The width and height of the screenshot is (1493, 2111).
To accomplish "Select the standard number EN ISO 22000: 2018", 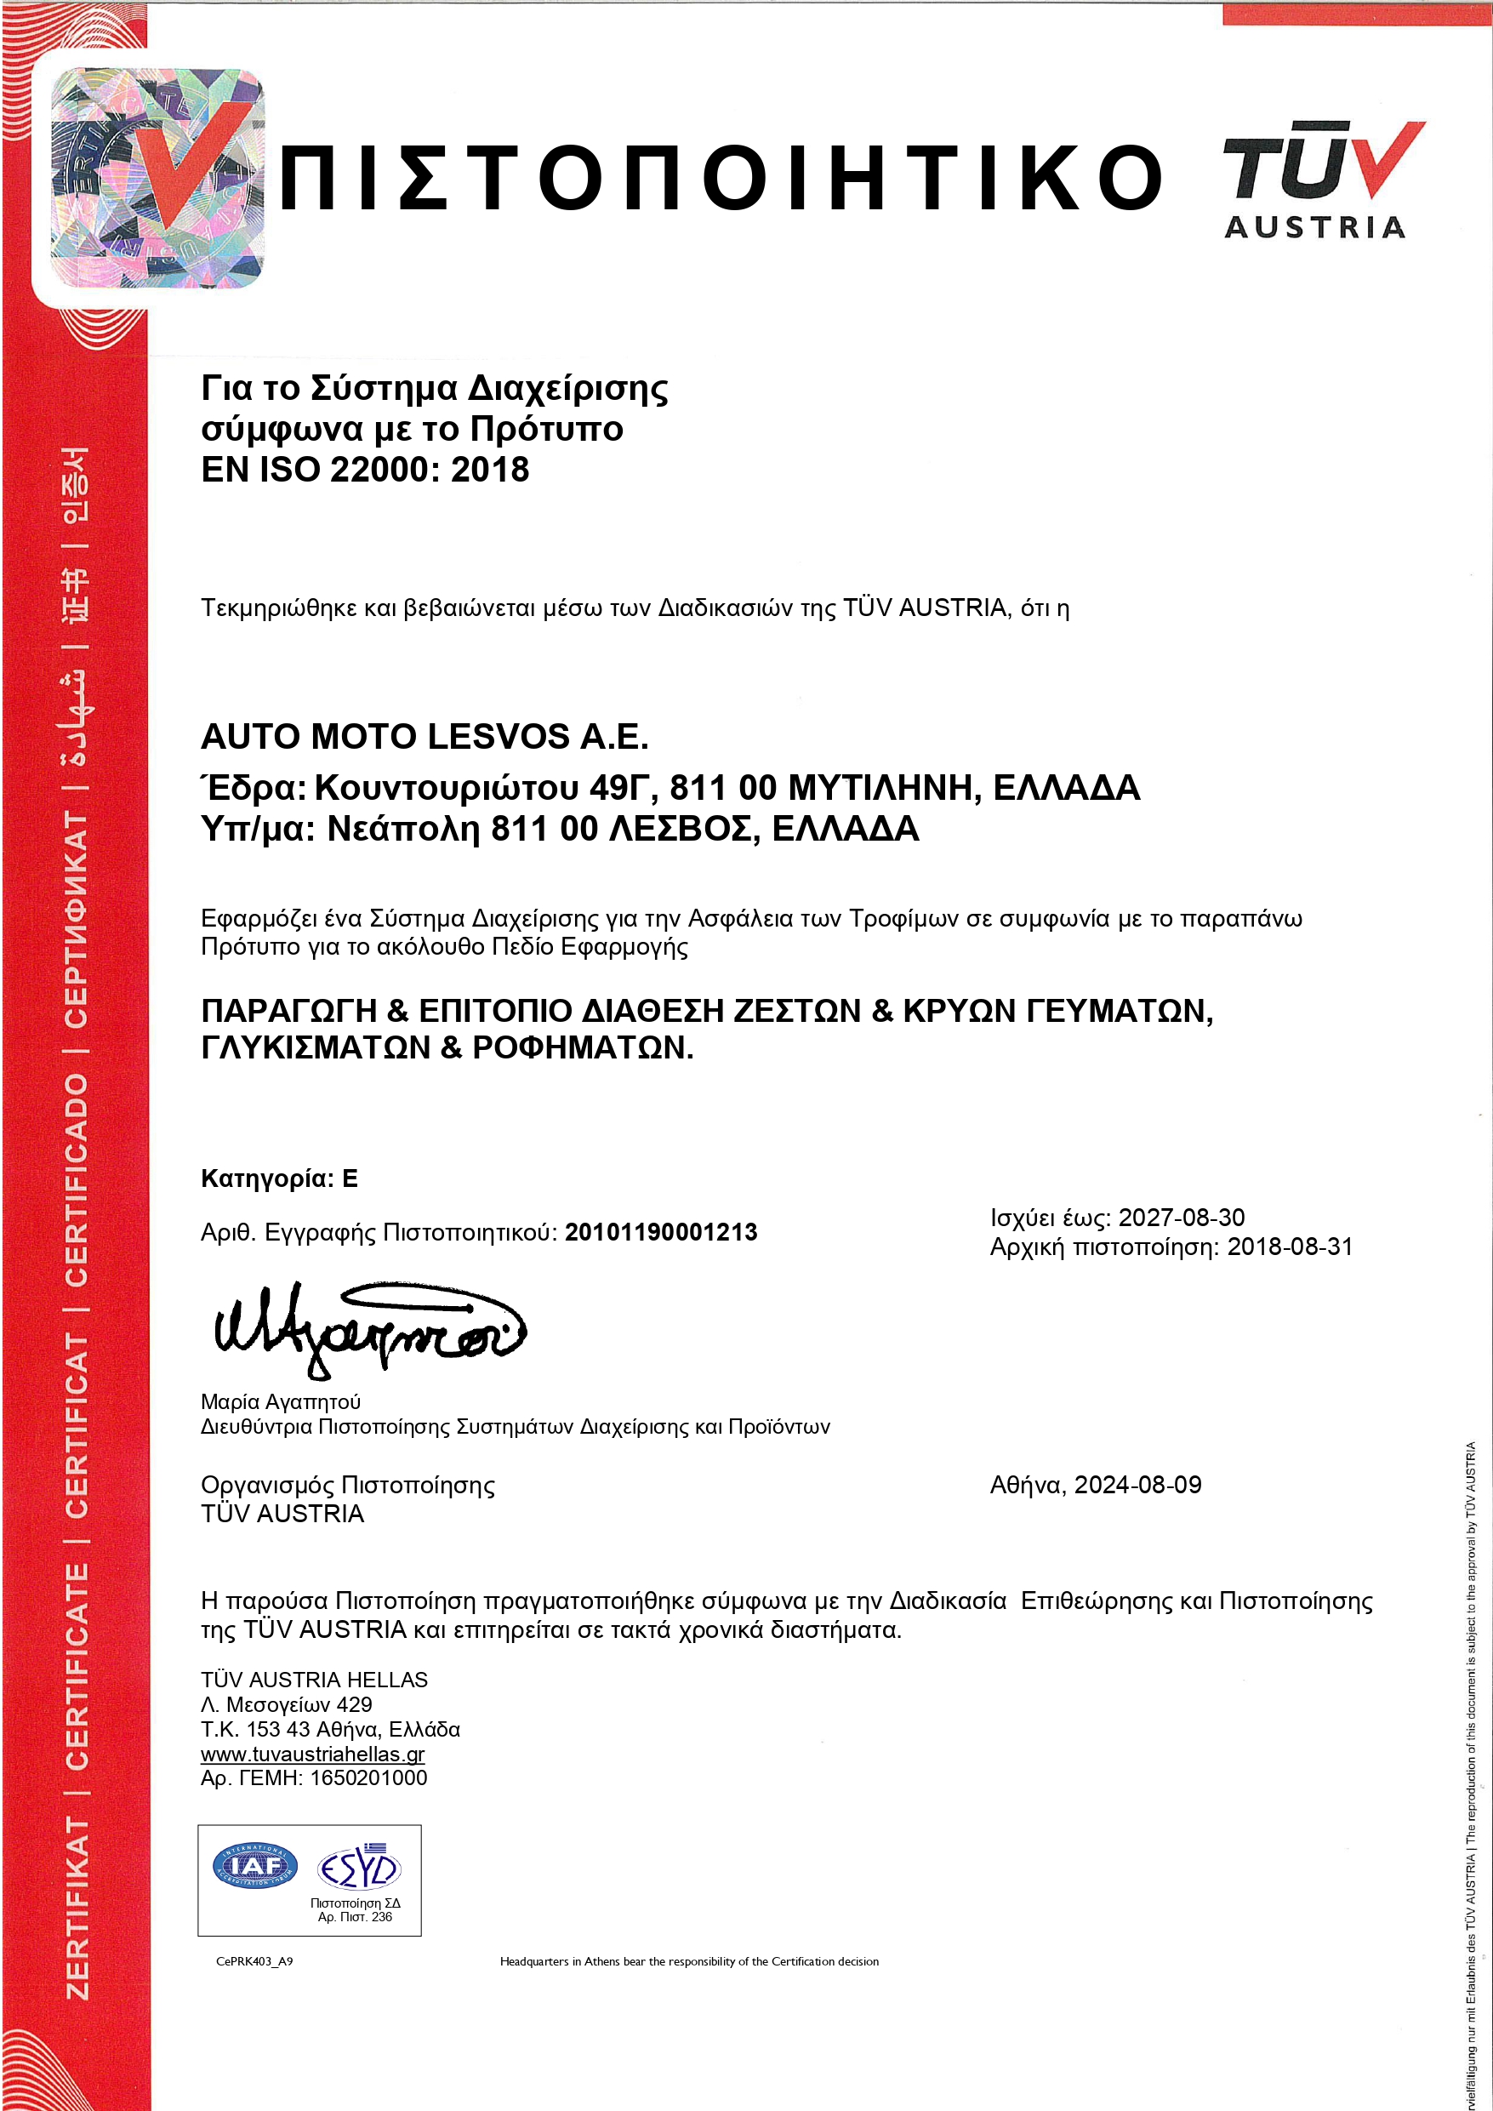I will [x=365, y=470].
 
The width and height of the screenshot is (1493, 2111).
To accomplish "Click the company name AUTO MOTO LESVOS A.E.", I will [x=425, y=737].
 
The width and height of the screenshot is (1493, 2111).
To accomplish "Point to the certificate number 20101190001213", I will [x=661, y=1232].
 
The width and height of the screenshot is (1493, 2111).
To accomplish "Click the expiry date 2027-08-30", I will [x=1182, y=1218].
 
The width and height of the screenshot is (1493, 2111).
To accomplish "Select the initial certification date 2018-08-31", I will [x=1290, y=1247].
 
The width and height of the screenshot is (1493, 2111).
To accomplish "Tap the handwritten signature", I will [x=368, y=1327].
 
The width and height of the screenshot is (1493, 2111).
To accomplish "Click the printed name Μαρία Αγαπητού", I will [x=281, y=1402].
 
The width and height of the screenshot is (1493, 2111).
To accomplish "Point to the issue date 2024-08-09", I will [x=1137, y=1485].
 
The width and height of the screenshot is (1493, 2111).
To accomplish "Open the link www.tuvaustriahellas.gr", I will [x=312, y=1754].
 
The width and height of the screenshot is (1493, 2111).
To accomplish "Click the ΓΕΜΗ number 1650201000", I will [x=368, y=1778].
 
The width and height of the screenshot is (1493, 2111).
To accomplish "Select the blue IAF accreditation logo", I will [x=255, y=1865].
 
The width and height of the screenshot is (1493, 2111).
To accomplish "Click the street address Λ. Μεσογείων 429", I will [x=286, y=1704].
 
